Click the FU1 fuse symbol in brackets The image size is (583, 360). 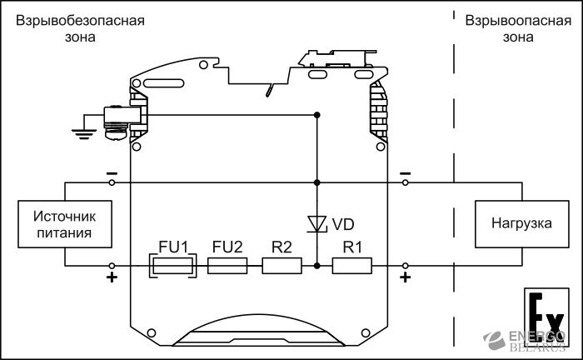tap(172, 266)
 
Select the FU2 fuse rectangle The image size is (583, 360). tap(227, 266)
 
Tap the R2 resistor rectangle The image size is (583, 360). tap(282, 266)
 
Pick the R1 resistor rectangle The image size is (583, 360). tap(352, 266)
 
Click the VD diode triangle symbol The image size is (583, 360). tap(316, 224)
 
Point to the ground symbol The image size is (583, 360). tap(84, 134)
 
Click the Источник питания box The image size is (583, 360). tap(65, 224)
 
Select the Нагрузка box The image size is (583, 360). tap(522, 224)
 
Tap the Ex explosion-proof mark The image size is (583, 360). tap(546, 317)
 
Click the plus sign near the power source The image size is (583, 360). tap(112, 277)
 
